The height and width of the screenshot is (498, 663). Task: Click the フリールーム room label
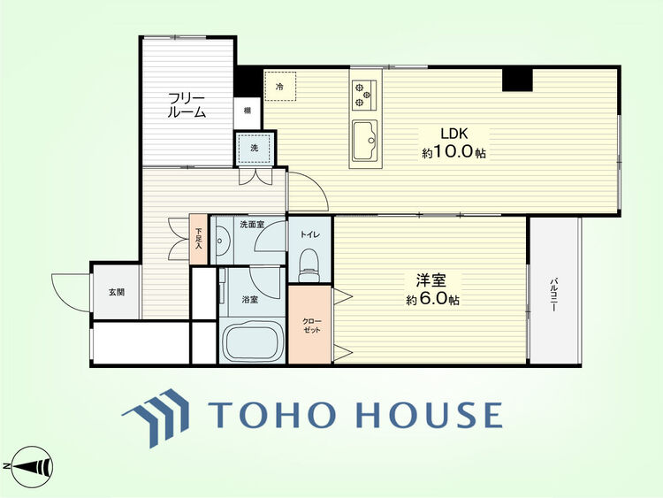187,105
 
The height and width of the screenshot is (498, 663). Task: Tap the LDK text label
454,134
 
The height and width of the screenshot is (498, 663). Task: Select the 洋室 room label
431,280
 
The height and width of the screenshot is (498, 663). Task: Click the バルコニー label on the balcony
553,295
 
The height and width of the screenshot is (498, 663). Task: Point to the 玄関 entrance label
117,292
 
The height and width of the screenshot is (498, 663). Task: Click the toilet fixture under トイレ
309,265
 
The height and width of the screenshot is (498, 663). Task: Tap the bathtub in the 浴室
253,341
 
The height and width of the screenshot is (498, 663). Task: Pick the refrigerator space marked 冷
280,87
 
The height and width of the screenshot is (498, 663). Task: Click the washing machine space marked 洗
254,149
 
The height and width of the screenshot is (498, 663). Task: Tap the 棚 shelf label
247,111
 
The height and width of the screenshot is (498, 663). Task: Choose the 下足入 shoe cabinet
198,240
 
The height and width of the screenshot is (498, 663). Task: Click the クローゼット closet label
312,326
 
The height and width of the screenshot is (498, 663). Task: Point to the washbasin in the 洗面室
220,241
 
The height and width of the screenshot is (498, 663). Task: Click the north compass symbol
32,467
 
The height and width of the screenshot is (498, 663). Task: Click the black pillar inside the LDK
517,80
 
